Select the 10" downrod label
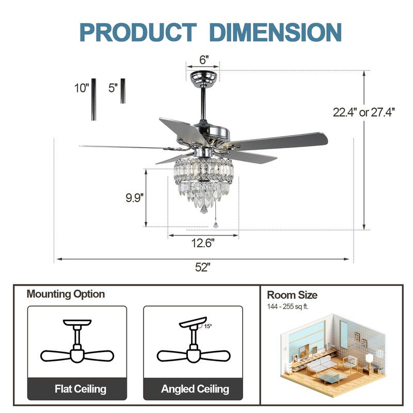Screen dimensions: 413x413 click(x=81, y=88)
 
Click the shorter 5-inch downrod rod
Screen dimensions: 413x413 click(x=123, y=91)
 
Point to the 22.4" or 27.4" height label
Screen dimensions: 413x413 click(x=363, y=112)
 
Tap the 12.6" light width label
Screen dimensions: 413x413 click(x=202, y=242)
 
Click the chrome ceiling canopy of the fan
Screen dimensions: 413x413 click(x=203, y=78)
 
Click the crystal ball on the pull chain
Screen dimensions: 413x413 click(x=215, y=225)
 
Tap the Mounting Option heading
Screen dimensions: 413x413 click(x=66, y=294)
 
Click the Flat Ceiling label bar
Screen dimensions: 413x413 click(x=77, y=389)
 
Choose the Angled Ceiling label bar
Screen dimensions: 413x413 click(x=193, y=389)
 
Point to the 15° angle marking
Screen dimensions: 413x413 click(x=207, y=326)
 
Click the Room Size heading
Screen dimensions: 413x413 click(x=292, y=295)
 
